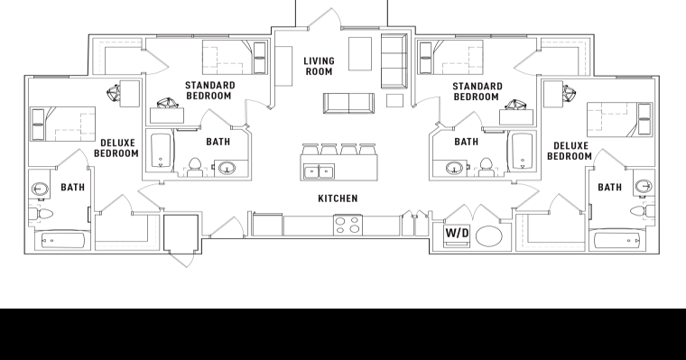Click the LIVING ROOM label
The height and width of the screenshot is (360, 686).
point(319,66)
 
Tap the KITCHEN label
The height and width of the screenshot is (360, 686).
point(338,198)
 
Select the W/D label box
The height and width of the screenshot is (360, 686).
point(458,234)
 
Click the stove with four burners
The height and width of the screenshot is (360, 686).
point(348,225)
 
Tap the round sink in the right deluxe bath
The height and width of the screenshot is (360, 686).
point(644,187)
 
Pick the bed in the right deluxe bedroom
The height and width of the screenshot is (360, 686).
point(620,119)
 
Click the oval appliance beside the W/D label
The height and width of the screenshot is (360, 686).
point(490,236)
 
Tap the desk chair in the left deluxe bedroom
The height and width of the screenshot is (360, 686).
point(117,90)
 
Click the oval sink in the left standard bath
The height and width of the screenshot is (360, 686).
point(226,167)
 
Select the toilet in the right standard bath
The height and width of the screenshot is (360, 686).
point(487,166)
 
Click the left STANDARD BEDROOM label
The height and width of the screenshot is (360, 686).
point(209,90)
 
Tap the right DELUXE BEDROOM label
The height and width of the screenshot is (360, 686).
point(570,150)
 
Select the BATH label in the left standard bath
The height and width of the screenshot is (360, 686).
point(218,142)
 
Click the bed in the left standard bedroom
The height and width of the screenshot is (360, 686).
point(227,59)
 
